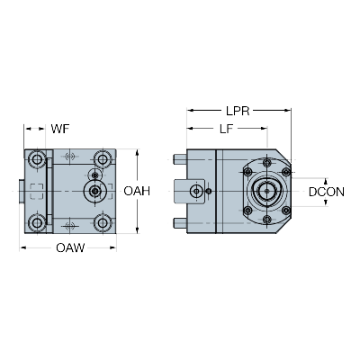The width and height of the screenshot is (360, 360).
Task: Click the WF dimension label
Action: [60, 129]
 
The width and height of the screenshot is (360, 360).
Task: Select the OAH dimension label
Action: [137, 191]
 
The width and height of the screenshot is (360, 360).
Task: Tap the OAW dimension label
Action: [70, 248]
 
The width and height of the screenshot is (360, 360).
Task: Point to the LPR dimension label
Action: [238, 111]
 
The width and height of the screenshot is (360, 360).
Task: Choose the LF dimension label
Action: [226, 129]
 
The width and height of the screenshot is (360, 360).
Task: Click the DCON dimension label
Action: [327, 192]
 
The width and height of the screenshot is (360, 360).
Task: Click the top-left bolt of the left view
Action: [37, 159]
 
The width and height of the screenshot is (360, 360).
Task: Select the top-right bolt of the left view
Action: [103, 159]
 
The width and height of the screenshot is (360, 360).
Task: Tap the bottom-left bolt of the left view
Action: [37, 223]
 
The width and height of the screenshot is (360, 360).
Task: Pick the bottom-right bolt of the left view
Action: [103, 223]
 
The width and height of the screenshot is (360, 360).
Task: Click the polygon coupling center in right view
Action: [266, 191]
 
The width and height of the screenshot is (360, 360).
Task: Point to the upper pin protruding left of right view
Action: [180, 159]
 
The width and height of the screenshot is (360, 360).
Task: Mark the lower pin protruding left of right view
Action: [180, 223]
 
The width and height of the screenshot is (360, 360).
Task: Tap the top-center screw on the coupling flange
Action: [266, 163]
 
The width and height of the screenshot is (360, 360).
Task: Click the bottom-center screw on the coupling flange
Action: [266, 220]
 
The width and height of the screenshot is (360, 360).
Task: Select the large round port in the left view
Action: [95, 191]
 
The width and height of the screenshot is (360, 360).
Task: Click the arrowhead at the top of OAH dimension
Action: [137, 152]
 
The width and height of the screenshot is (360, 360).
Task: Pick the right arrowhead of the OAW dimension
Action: [112, 247]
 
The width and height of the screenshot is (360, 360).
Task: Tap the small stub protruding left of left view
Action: [22, 191]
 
